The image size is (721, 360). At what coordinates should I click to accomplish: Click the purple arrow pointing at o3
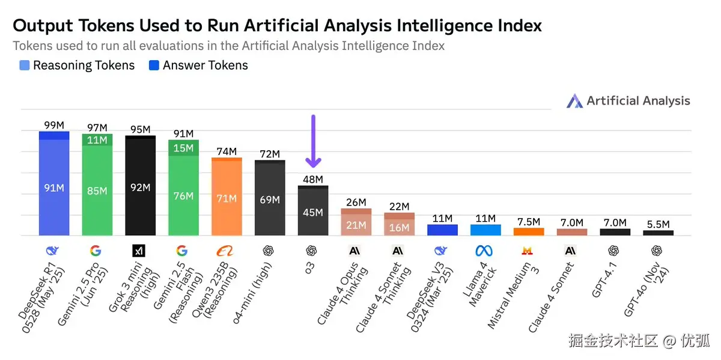click(x=313, y=141)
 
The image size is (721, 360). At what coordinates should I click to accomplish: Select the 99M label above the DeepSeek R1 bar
click(x=54, y=125)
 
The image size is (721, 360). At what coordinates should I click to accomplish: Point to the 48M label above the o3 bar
click(x=313, y=179)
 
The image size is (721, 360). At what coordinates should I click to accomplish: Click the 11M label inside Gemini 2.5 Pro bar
click(x=97, y=140)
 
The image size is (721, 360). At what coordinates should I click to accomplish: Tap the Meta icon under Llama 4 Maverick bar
click(x=485, y=251)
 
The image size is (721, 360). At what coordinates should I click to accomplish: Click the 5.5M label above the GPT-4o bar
click(x=659, y=224)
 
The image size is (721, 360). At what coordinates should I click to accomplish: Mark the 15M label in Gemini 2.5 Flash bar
click(x=184, y=148)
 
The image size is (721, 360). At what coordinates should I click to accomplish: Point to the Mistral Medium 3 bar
click(x=529, y=231)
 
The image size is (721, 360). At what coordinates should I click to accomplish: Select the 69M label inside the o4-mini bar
click(x=270, y=200)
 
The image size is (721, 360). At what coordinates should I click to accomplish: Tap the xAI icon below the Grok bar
click(x=139, y=251)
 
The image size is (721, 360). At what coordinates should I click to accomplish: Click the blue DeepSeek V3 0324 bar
click(x=443, y=230)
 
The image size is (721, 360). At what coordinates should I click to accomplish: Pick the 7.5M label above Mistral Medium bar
click(x=529, y=222)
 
